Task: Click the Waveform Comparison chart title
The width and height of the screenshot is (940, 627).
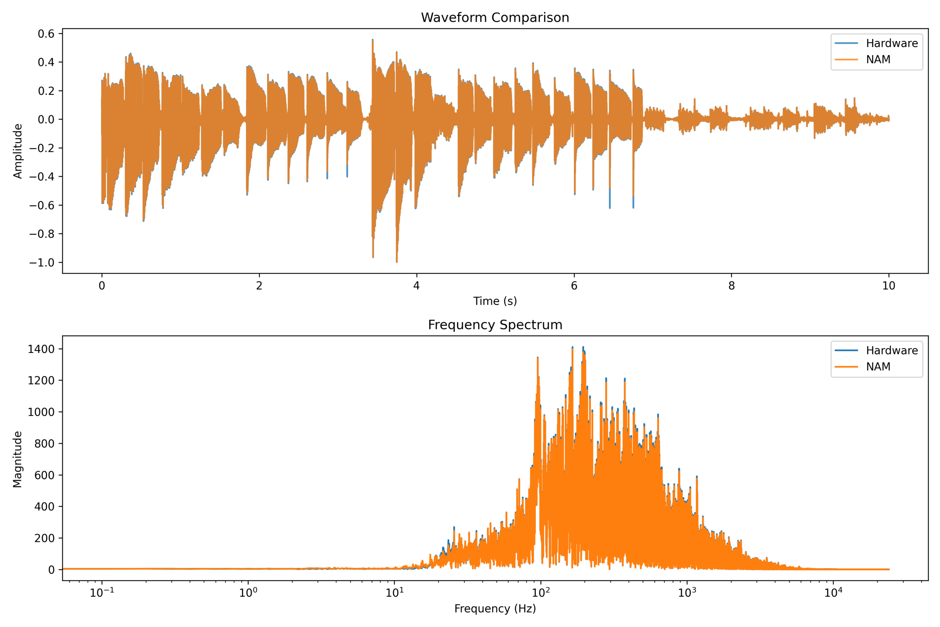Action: pos(495,18)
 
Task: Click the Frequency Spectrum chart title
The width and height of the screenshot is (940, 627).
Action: pos(495,325)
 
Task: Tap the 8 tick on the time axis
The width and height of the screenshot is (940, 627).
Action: pos(731,285)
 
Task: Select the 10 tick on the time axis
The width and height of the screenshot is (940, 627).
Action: pos(889,285)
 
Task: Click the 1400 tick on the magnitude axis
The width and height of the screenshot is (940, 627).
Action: pos(41,349)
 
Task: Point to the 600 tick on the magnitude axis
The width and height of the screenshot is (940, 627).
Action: pos(44,475)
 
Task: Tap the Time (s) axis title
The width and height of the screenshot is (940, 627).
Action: pos(495,301)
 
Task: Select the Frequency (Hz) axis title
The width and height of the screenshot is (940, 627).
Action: pos(495,609)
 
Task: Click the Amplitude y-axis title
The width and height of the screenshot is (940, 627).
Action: pos(18,151)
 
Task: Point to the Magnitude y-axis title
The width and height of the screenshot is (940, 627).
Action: pos(18,459)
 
